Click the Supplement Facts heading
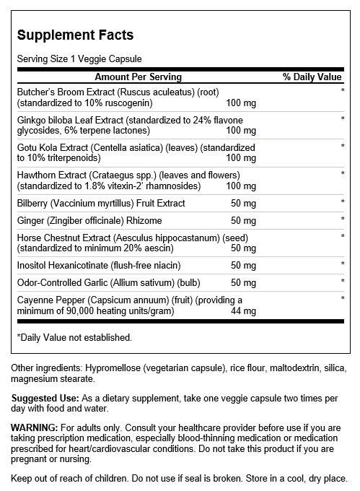(75, 35)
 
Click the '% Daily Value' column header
(312, 77)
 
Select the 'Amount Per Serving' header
(138, 77)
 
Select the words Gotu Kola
(38, 147)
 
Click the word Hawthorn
(36, 174)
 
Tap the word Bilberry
(33, 203)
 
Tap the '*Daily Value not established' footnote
(74, 337)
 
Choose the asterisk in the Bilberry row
(343, 203)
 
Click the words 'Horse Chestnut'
(47, 236)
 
